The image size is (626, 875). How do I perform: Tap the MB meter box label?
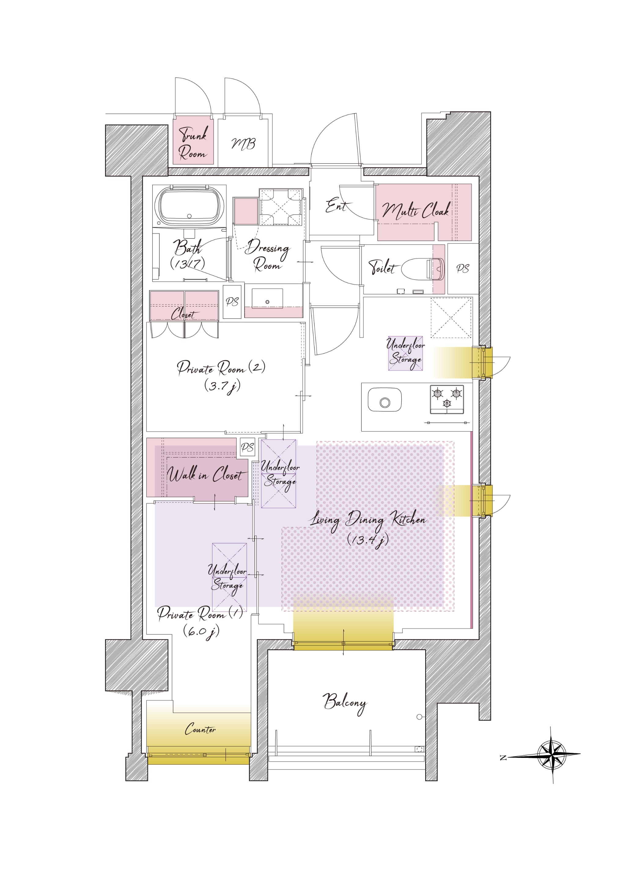(243, 144)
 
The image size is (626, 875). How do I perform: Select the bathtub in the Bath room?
(189, 206)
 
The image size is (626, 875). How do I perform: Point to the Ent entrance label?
(337, 206)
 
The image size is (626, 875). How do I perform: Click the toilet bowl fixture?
(423, 269)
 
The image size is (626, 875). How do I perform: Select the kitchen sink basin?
(384, 400)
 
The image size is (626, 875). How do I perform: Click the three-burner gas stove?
(447, 399)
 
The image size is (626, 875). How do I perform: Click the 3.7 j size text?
(223, 386)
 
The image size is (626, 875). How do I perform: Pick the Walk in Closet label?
(206, 474)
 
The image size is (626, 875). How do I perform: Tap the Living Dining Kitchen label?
(368, 521)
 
